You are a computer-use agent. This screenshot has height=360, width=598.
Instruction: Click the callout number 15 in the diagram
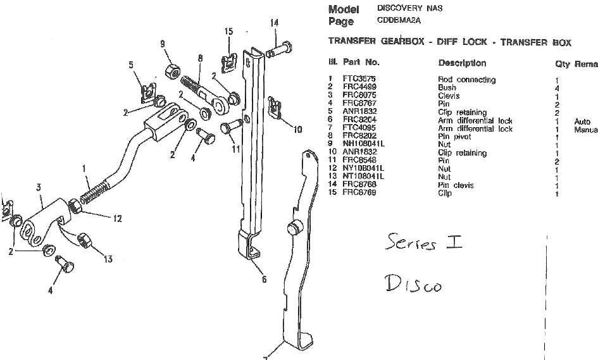(x=228, y=32)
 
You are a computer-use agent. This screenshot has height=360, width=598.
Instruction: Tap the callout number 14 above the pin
(x=274, y=23)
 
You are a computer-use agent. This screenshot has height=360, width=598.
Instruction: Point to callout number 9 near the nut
(x=163, y=44)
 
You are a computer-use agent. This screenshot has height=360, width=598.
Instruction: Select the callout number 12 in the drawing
(x=117, y=219)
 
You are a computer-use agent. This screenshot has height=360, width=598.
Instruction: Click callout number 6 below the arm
(x=265, y=278)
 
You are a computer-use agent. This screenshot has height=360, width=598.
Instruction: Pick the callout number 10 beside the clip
(x=297, y=130)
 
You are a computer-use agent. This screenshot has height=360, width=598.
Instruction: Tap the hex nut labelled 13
(x=85, y=240)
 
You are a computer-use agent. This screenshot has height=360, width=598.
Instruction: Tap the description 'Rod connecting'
(x=458, y=80)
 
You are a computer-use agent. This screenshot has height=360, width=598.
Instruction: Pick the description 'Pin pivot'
(x=452, y=137)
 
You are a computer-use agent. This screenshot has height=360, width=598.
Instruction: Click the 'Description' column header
(x=462, y=63)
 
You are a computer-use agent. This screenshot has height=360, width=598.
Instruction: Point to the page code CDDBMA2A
(x=400, y=20)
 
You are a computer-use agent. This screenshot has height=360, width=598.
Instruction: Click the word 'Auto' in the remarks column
(x=582, y=121)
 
